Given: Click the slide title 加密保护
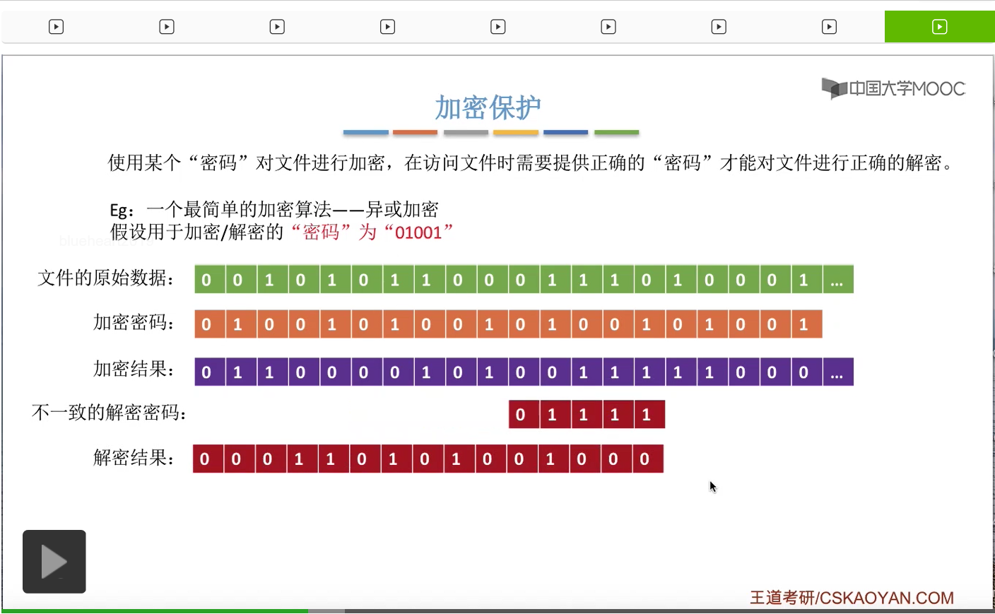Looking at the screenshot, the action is [x=488, y=107].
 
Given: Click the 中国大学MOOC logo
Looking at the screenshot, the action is [x=894, y=88].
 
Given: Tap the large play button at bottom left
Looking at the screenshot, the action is [x=54, y=562].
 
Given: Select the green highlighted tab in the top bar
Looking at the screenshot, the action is [x=939, y=27].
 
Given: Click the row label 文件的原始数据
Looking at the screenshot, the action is [x=106, y=278].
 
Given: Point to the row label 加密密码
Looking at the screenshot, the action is [x=134, y=323].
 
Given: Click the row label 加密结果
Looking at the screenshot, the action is [x=134, y=369].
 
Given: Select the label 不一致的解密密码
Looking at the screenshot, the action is [x=110, y=413].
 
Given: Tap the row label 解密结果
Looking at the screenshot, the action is [x=134, y=458].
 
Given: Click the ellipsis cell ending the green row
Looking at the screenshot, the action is [x=837, y=280].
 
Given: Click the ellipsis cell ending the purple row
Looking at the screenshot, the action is [x=837, y=372].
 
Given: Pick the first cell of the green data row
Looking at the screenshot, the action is [x=206, y=280].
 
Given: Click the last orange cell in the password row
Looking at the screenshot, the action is [x=804, y=324].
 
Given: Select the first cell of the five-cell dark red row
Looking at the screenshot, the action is [x=521, y=415].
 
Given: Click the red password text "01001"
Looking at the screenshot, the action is [x=418, y=232].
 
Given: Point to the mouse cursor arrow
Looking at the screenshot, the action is [x=712, y=486].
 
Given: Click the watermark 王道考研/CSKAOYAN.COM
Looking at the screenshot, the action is [x=852, y=598].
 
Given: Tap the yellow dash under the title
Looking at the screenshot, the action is [x=516, y=132].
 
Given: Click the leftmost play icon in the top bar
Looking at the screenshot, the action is [x=56, y=27].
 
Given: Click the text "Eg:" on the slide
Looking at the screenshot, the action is [x=122, y=211].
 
